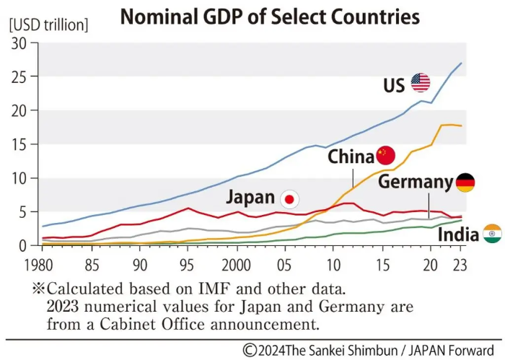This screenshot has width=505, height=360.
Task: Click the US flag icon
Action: [421, 83]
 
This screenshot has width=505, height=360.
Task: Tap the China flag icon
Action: [387, 155]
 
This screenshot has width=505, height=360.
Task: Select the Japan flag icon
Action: [289, 198]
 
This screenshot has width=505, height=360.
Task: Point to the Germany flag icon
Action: [465, 183]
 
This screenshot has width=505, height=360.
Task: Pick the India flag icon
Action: [492, 233]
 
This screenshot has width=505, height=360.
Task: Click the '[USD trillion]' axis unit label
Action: [48, 26]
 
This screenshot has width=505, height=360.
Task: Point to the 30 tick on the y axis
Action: [19, 43]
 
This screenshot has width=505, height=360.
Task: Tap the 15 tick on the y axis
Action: [19, 144]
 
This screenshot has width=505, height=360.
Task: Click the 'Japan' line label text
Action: [250, 198]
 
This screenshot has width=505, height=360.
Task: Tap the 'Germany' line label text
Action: [416, 182]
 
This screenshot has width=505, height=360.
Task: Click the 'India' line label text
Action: [458, 234]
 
